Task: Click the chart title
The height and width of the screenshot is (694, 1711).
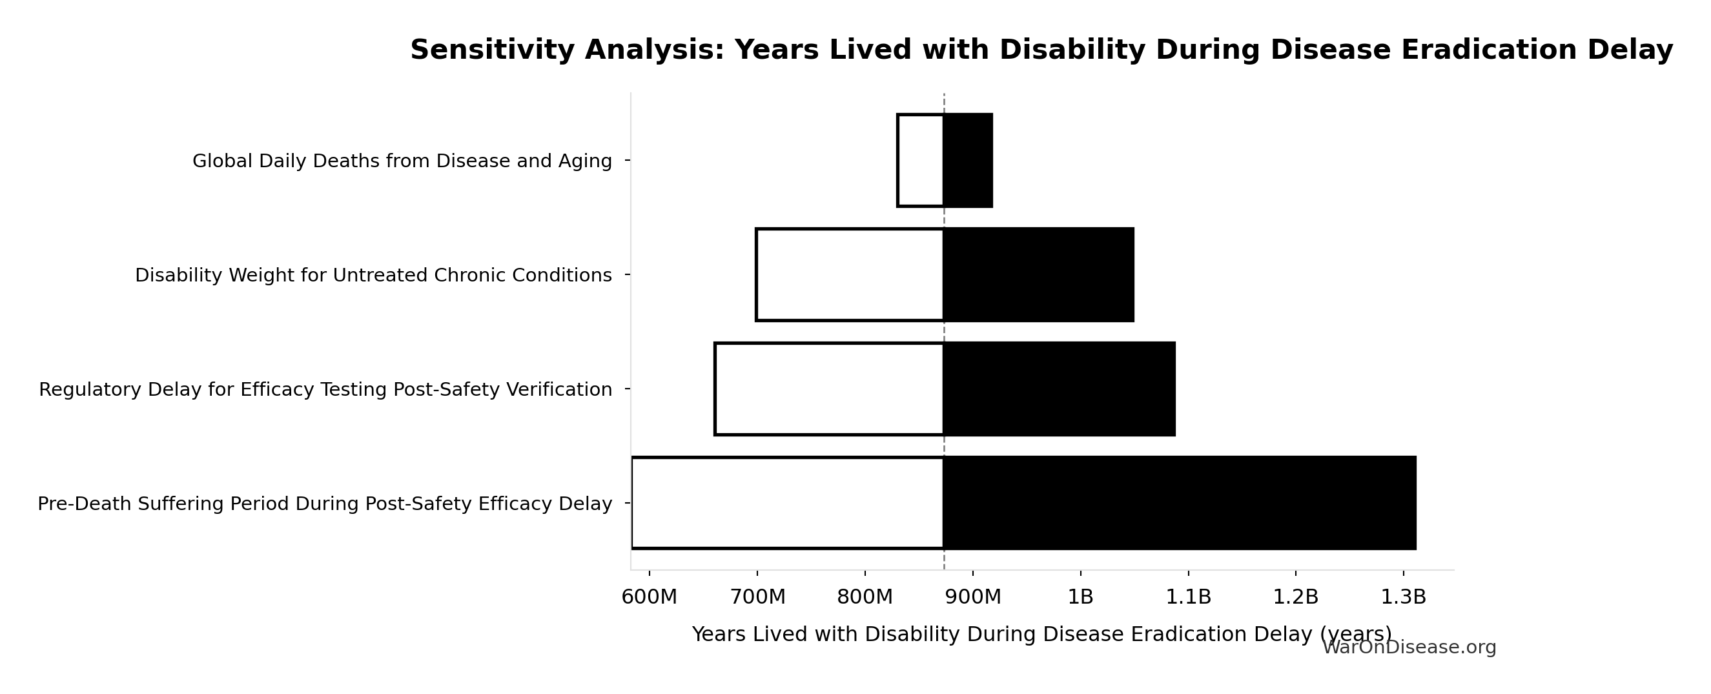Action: pyautogui.click(x=1041, y=50)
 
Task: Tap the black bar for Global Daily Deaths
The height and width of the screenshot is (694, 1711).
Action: pyautogui.click(x=968, y=161)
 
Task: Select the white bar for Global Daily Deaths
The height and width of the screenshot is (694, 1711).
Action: pyautogui.click(x=921, y=161)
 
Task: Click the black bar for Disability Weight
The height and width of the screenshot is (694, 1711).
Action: pyautogui.click(x=1038, y=275)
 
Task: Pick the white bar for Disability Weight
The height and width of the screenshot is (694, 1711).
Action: pyautogui.click(x=850, y=275)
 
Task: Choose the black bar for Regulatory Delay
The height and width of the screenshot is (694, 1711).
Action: pyautogui.click(x=1059, y=389)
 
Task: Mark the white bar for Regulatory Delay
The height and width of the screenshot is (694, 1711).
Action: pyautogui.click(x=829, y=389)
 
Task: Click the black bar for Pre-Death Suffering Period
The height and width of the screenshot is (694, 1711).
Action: pyautogui.click(x=1180, y=504)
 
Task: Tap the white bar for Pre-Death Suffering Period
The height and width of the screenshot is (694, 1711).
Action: pyautogui.click(x=788, y=504)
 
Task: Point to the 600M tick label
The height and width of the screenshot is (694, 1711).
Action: pyautogui.click(x=649, y=597)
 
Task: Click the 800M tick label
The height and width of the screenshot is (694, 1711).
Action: pyautogui.click(x=865, y=597)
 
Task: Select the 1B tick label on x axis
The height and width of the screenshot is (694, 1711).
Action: pyautogui.click(x=1081, y=597)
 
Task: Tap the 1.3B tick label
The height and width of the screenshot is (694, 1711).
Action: pyautogui.click(x=1404, y=597)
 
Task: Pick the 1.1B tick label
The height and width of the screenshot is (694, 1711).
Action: pyautogui.click(x=1188, y=597)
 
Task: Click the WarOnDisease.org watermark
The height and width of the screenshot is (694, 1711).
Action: pyautogui.click(x=1409, y=648)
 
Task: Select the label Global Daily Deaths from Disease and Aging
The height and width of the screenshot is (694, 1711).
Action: pyautogui.click(x=402, y=161)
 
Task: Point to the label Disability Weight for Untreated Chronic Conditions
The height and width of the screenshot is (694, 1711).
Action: pyautogui.click(x=373, y=276)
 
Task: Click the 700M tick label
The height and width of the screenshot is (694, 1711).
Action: pyautogui.click(x=757, y=597)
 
